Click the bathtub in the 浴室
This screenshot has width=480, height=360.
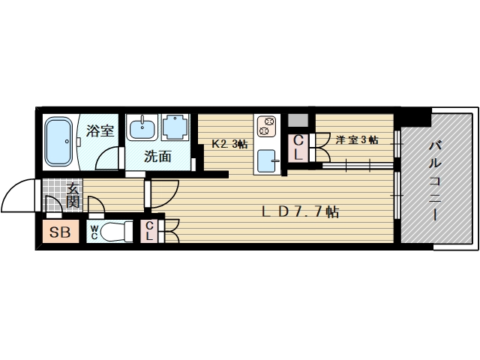point(58,142)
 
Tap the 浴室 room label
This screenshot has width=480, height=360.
point(99,131)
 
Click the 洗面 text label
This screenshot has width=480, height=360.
point(158,157)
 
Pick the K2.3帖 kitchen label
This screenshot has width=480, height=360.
point(229,144)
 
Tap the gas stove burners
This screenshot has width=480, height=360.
point(266,125)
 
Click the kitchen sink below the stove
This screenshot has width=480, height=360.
point(267,160)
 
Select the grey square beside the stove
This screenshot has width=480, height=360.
point(298,120)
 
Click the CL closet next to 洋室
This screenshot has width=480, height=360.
point(298,148)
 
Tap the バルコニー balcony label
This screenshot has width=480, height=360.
point(434,180)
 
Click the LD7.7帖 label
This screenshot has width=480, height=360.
point(300,212)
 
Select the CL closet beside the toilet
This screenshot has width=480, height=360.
point(150,231)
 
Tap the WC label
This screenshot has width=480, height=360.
point(95,232)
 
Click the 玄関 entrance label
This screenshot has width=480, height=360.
point(73,196)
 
